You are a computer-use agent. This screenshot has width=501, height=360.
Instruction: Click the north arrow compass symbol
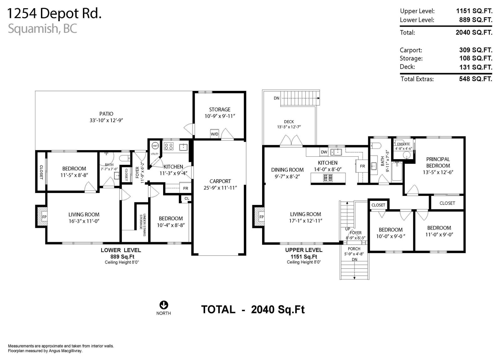click(164, 305)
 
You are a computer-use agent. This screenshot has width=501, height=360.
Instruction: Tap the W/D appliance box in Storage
click(214, 133)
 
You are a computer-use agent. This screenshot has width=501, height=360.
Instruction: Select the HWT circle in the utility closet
click(155, 146)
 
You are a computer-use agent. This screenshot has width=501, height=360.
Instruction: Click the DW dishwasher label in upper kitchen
click(324, 152)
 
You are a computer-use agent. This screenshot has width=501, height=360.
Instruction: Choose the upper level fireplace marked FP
click(259, 217)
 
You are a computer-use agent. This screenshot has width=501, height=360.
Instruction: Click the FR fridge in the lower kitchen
click(186, 188)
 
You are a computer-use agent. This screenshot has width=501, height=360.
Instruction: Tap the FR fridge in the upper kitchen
click(362, 166)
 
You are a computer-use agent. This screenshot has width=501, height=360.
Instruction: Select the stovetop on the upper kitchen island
click(328, 178)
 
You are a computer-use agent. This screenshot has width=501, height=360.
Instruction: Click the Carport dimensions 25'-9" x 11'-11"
click(220, 188)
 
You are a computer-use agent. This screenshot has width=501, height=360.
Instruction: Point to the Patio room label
click(106, 114)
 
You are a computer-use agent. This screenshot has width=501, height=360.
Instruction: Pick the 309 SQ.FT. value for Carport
click(476, 50)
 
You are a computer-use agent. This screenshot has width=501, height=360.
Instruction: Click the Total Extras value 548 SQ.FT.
click(476, 79)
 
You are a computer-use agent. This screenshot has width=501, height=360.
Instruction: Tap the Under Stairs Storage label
click(143, 225)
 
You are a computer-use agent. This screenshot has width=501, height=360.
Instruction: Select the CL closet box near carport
click(187, 199)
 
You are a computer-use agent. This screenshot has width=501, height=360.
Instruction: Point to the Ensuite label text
click(404, 144)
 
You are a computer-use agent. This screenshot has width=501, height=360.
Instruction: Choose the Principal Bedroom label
click(438, 162)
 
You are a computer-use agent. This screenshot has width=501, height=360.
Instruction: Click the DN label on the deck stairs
click(276, 98)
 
